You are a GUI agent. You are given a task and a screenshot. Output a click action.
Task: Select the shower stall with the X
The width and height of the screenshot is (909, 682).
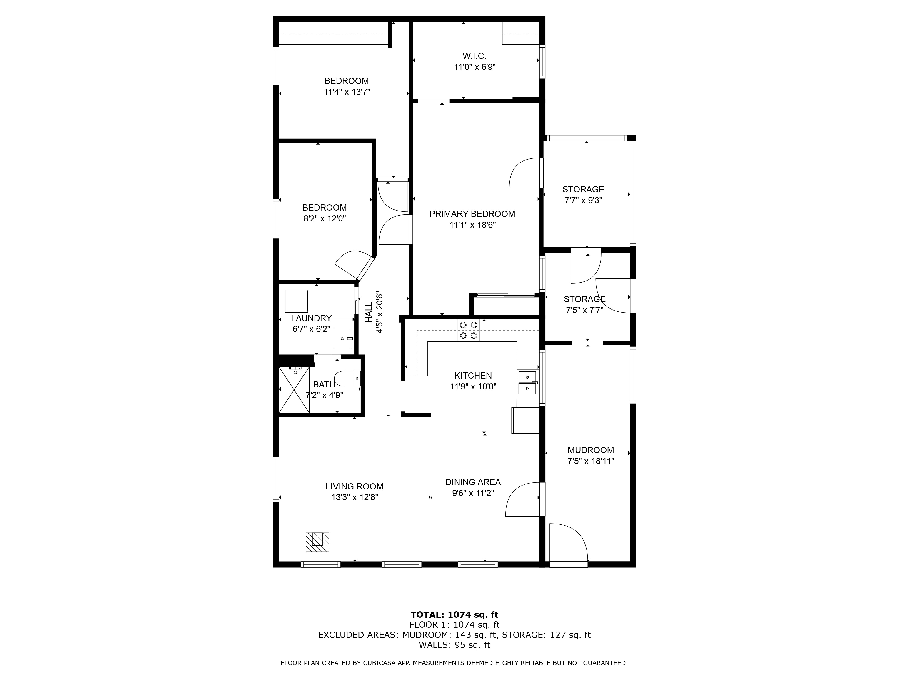coord(294,389)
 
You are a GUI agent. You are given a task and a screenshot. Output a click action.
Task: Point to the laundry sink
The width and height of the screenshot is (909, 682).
coord(342,338)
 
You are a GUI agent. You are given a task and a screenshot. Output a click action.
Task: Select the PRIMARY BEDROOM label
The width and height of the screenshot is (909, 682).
coord(472,214)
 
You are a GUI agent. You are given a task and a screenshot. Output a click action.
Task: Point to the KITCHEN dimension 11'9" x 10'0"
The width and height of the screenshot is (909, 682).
coord(473,386)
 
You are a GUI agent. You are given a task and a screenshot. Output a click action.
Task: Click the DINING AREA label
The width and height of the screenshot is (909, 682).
coord(473,482)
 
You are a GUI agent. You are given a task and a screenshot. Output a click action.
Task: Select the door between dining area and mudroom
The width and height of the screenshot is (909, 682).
coord(523,499)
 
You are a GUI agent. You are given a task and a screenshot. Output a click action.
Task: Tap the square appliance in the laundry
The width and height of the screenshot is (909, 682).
coord(296,301)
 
